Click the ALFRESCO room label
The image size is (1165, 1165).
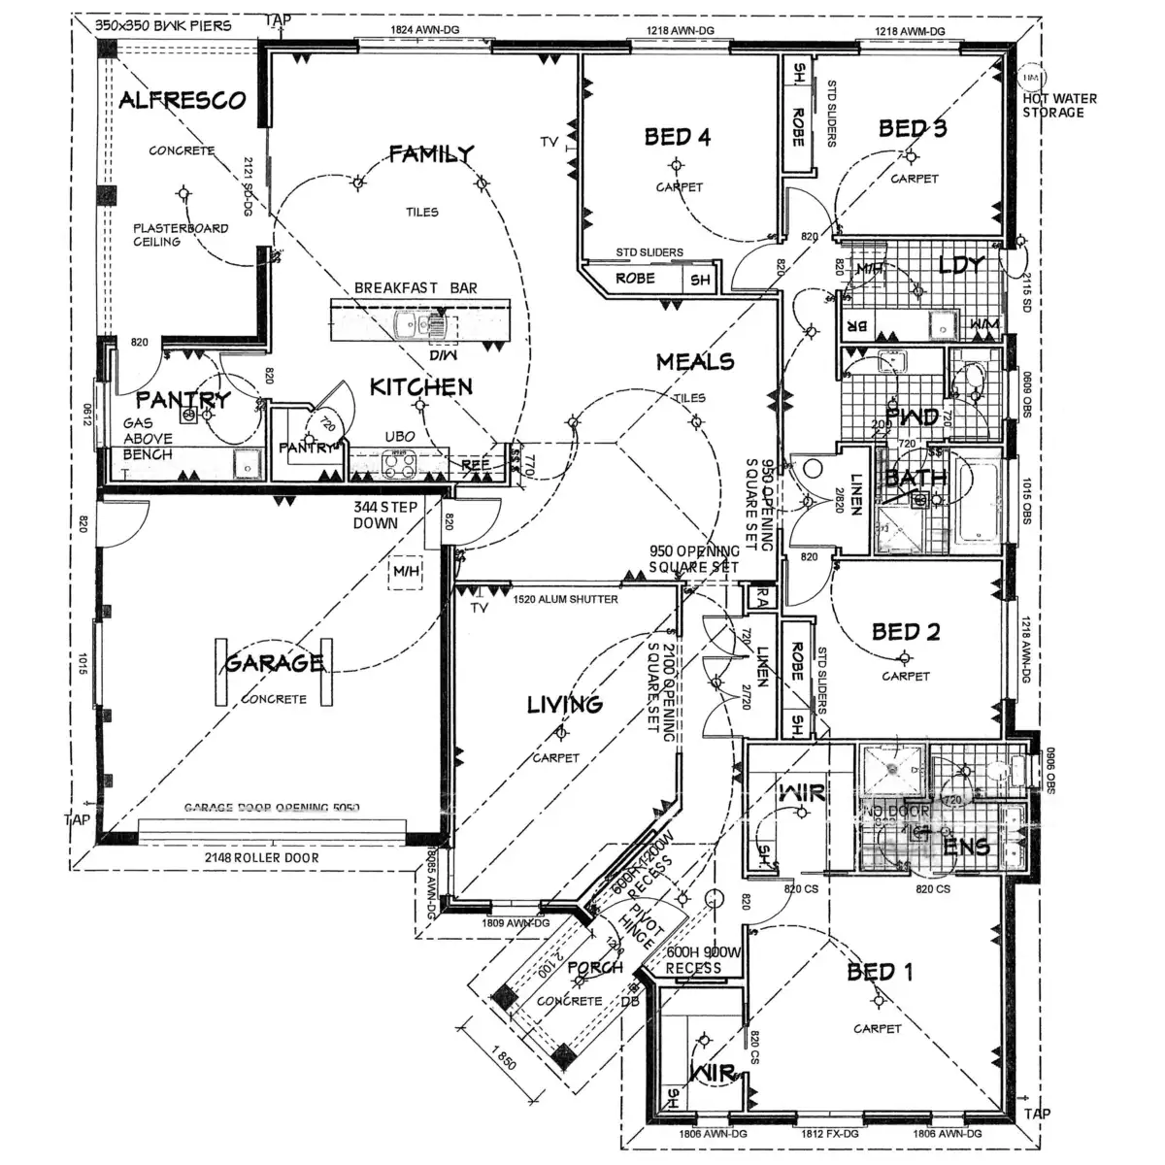tap(182, 100)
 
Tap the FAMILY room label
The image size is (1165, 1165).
tap(431, 153)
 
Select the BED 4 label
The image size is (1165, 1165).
tap(678, 137)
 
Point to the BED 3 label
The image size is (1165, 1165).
tap(913, 128)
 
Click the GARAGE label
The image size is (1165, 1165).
tap(275, 663)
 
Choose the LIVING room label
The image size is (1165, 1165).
tap(565, 705)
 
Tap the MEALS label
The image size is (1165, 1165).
tap(695, 362)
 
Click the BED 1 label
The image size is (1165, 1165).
tap(879, 972)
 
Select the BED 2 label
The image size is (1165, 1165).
tap(906, 632)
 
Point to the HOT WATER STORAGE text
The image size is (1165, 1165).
tap(1059, 105)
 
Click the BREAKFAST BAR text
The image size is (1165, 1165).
tap(416, 288)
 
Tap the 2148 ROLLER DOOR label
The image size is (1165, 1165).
tap(261, 858)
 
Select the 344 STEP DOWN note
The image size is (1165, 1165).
tap(384, 515)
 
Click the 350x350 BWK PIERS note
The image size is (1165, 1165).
tap(164, 25)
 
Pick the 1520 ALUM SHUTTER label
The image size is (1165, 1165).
tap(566, 599)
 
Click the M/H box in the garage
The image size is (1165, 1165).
tap(405, 572)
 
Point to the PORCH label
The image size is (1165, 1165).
tap(595, 968)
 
